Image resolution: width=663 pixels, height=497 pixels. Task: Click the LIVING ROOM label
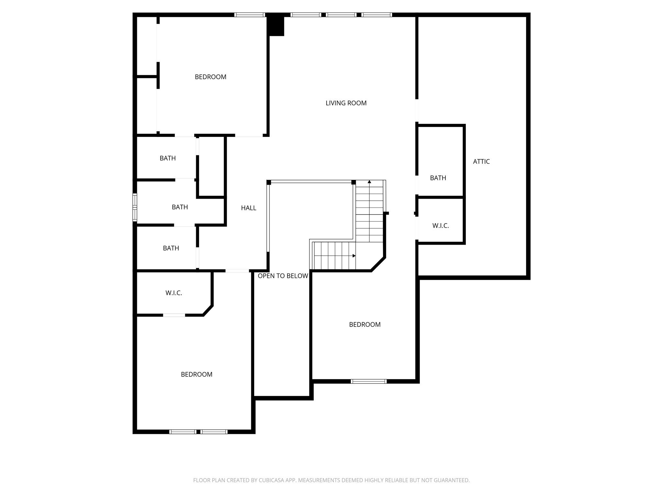[x=346, y=103]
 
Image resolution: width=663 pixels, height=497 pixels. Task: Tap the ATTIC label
[x=481, y=161]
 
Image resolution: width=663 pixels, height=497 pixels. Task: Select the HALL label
[x=248, y=208]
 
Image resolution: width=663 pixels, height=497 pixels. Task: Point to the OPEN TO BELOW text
[x=283, y=276]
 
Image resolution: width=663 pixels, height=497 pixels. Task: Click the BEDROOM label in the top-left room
[x=210, y=77]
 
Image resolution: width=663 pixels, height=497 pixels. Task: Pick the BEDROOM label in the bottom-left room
[x=197, y=374]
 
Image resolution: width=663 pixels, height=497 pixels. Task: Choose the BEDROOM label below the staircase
[x=365, y=325]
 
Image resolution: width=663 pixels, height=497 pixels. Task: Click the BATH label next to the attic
[x=438, y=178]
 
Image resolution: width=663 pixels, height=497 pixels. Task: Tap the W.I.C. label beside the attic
[x=440, y=226]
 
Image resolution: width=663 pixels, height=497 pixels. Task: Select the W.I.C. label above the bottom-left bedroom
[x=174, y=293]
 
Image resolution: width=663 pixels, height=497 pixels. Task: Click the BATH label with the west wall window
[x=180, y=207]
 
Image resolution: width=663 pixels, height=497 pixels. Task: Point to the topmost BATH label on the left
[x=167, y=158]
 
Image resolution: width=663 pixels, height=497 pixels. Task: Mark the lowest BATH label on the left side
[x=171, y=248]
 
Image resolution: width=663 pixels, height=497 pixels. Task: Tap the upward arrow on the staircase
[x=369, y=182]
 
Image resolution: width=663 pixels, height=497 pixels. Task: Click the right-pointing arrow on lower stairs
[x=354, y=256]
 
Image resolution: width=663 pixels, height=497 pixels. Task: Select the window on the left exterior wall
[x=135, y=207]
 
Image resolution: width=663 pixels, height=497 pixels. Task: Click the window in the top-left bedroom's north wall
[x=250, y=15]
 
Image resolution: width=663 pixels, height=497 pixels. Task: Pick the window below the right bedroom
[x=369, y=381]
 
